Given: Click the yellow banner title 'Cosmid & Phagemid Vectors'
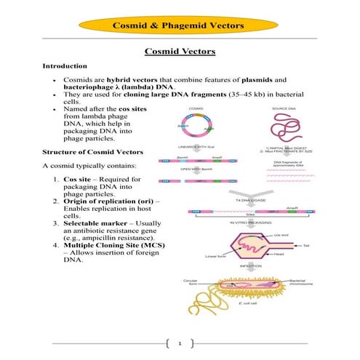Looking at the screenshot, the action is tap(180, 26).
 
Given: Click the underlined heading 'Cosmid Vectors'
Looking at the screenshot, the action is tap(179, 52).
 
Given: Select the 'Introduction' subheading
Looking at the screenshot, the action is tap(65, 66).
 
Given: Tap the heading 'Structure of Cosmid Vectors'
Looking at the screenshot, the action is tap(87, 153).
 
